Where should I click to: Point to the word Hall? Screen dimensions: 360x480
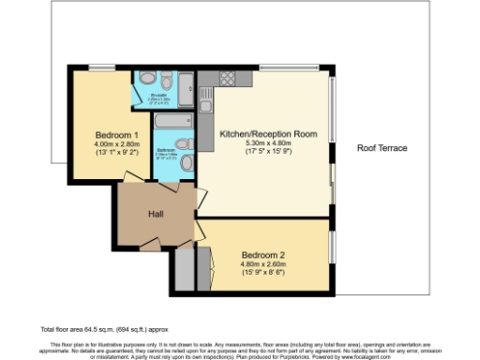tap(157, 215)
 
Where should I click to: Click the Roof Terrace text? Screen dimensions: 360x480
tap(382, 148)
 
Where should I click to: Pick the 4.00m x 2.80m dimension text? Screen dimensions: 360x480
tap(115, 143)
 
